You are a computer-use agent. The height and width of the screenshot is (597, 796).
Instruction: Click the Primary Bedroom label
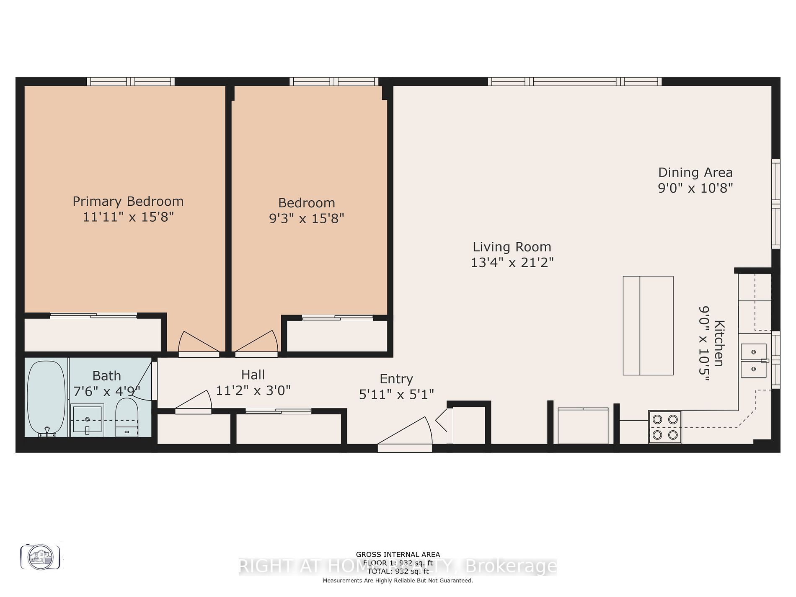[128, 202]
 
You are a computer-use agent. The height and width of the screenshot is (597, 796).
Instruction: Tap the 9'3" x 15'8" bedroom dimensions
[306, 219]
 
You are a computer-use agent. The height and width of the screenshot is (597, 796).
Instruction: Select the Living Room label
[512, 247]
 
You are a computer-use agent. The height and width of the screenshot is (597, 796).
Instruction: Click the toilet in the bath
[127, 416]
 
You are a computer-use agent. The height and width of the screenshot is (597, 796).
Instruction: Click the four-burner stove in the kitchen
[665, 427]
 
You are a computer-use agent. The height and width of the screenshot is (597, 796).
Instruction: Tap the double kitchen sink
[753, 360]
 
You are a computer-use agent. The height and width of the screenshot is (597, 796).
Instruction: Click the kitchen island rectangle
[648, 326]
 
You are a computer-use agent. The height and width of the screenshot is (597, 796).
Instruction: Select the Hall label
[253, 375]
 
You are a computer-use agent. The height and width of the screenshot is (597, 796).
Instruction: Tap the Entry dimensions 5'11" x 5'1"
[396, 395]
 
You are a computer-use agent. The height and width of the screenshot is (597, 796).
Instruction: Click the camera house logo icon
[41, 557]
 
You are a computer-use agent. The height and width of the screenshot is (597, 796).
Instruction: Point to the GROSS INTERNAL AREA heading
[398, 555]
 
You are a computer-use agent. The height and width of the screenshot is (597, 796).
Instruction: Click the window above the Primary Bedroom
[131, 82]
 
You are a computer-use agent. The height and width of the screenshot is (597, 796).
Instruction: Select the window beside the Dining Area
[775, 204]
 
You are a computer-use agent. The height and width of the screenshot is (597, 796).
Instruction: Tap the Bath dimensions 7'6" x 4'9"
[106, 392]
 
